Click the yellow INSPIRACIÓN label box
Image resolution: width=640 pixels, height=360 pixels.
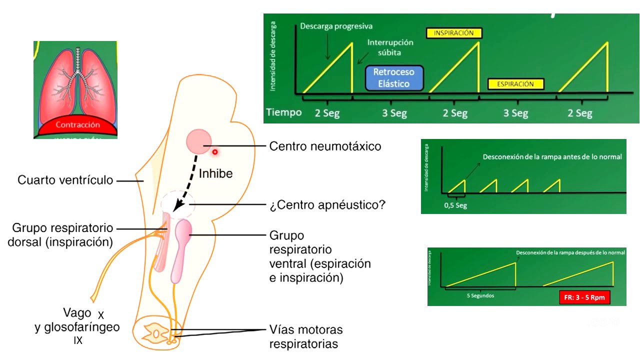(454, 33)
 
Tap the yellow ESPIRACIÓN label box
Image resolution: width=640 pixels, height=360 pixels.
(515, 84)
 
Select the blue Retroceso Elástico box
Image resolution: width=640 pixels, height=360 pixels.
(394, 78)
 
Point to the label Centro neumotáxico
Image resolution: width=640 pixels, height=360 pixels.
(325, 146)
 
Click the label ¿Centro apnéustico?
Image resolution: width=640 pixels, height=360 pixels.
(327, 205)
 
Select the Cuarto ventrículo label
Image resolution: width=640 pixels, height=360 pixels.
(65, 180)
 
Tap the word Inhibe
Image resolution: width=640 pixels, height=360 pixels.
(215, 173)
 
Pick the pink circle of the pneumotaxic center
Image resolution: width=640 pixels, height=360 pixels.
(199, 141)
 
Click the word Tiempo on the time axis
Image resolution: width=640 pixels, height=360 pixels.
(283, 112)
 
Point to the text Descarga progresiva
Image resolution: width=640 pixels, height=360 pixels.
(336, 26)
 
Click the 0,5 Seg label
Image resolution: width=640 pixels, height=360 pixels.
(455, 205)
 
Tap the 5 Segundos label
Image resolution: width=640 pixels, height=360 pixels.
(480, 295)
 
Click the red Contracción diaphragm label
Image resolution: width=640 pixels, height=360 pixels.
(77, 125)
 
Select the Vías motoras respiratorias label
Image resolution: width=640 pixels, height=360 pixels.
(306, 337)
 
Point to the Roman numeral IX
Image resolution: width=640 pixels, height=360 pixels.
(78, 341)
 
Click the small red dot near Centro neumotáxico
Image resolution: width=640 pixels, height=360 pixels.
(215, 151)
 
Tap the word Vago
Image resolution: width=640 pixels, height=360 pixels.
(77, 313)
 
